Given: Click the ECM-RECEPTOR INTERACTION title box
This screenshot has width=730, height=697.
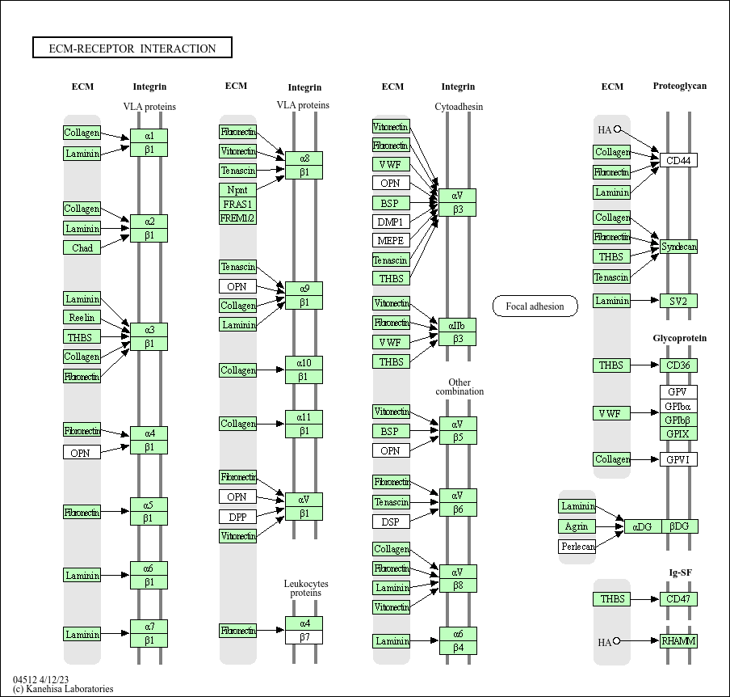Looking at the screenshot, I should pos(132,49).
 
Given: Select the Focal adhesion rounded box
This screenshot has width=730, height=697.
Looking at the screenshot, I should pos(535,306).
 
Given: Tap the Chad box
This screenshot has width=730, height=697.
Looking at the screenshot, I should pos(82,247).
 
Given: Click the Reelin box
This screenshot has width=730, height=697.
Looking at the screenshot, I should pos(82,318).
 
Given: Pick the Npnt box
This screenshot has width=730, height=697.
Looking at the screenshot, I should pos(237,190).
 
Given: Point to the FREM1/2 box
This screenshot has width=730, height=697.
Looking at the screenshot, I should pos(237,218).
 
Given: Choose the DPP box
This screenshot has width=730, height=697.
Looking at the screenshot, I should pos(237,516).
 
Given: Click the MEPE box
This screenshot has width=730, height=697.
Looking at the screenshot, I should pos(391,240).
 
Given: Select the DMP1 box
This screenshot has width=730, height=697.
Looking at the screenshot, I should pos(391,222).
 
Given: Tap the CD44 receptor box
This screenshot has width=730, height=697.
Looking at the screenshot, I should pos(678,160).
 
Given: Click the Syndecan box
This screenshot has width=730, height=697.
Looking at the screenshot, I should pos(678,247).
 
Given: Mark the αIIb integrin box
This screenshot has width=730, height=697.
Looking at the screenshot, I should pos(457,325).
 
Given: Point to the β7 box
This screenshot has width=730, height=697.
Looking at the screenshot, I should pos(304,637).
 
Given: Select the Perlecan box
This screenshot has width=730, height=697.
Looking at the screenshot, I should pos(577,547).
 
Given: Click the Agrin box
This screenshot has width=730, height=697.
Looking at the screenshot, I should pos(577,526).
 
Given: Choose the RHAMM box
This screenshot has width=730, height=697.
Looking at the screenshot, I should pos(678,641).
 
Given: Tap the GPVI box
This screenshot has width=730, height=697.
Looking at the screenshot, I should pos(678,459).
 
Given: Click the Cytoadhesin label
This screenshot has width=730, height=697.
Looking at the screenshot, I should pos(459,107).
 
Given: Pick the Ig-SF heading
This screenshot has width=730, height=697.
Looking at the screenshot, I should pos(680,572).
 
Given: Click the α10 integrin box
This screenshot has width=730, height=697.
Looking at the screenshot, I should pos(304,362).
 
